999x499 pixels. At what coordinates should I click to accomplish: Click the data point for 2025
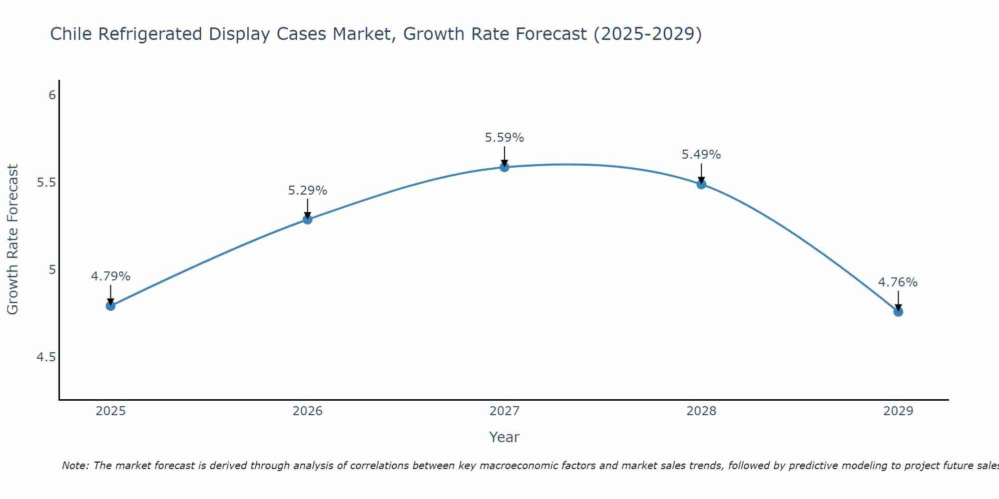coord(111,305)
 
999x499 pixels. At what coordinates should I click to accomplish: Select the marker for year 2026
coord(308,219)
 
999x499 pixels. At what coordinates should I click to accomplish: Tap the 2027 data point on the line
coord(504,167)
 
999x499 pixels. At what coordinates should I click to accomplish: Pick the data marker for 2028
coord(701,184)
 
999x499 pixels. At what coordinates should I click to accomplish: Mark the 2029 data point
coord(898,311)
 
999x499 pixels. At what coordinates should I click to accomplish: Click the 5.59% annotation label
coord(504,138)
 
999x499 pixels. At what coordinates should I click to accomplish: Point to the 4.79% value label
coord(111,276)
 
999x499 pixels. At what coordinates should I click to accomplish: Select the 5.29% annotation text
coord(308,191)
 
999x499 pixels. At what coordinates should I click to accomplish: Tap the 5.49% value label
coord(701,155)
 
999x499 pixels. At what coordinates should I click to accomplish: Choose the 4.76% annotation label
coord(898,282)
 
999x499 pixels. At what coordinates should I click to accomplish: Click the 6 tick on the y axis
coord(52,95)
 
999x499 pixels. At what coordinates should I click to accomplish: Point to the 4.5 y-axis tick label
coord(46,357)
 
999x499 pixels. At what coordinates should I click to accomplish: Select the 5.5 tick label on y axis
coord(46,183)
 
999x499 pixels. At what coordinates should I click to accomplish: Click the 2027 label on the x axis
coord(504,411)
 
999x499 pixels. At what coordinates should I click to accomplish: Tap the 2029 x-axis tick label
coord(898,411)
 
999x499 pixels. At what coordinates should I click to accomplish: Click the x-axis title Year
coord(504,437)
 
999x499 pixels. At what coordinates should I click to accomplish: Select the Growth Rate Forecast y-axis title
coord(12,240)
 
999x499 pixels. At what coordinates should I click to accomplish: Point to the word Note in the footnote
coord(75,466)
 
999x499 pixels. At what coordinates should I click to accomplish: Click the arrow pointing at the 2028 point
coord(701,174)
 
